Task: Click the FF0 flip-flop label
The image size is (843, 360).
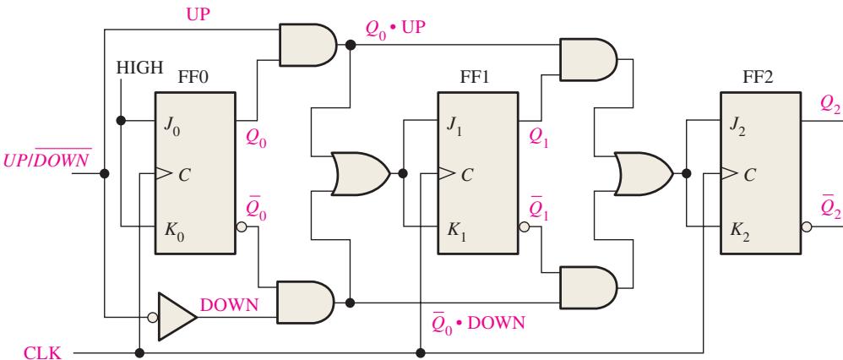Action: point(193,78)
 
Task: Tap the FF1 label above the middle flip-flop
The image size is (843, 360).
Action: point(474,78)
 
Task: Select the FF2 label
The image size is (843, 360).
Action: point(758,78)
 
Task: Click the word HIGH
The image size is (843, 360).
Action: point(139,68)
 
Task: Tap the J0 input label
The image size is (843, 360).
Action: point(172,129)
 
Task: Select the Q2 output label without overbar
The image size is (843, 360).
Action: point(830,106)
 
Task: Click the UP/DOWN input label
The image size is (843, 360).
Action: point(47,158)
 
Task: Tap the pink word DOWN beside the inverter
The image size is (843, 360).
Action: point(230,305)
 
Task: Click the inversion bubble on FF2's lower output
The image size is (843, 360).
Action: point(807,227)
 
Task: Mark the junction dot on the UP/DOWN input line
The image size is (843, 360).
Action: point(105,173)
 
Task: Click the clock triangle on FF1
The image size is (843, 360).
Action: point(445,173)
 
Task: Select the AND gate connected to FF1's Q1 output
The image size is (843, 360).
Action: point(589,59)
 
